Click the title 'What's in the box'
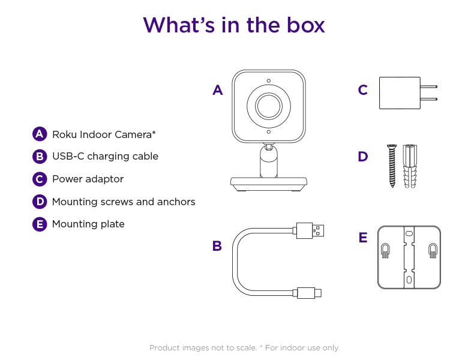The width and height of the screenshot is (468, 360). pyautogui.click(x=234, y=25)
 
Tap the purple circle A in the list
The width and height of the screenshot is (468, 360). pyautogui.click(x=40, y=134)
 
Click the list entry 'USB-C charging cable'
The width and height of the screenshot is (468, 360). pyautogui.click(x=105, y=156)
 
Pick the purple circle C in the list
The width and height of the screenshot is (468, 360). pyautogui.click(x=40, y=179)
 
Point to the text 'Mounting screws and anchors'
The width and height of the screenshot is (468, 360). pyautogui.click(x=124, y=202)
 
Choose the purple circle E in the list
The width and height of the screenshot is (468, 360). pyautogui.click(x=40, y=224)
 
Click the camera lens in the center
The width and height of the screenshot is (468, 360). pyautogui.click(x=268, y=106)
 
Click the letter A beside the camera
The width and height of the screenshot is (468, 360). pyautogui.click(x=217, y=91)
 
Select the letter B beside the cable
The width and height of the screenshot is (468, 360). pyautogui.click(x=217, y=245)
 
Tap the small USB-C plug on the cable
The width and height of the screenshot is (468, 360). pyautogui.click(x=308, y=293)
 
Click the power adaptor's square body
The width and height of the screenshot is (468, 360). pyautogui.click(x=400, y=92)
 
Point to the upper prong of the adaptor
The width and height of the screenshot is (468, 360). pyautogui.click(x=428, y=85)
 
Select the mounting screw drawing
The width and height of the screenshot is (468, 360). pyautogui.click(x=392, y=166)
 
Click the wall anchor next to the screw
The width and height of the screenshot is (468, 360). pyautogui.click(x=410, y=166)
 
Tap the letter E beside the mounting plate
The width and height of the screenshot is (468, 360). pyautogui.click(x=362, y=238)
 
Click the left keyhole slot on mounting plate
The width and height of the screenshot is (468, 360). pyautogui.click(x=385, y=251)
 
